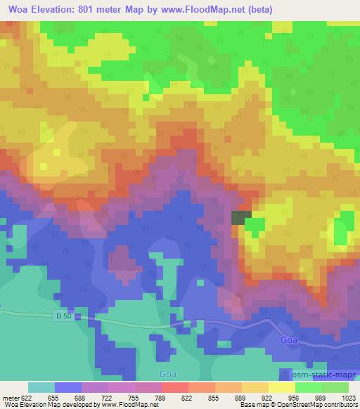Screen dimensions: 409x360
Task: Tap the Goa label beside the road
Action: (x=288, y=339)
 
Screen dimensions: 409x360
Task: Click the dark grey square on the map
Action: (x=240, y=218)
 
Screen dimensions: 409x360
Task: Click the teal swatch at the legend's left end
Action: (x=41, y=387)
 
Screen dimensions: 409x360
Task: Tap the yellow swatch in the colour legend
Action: (x=281, y=387)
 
